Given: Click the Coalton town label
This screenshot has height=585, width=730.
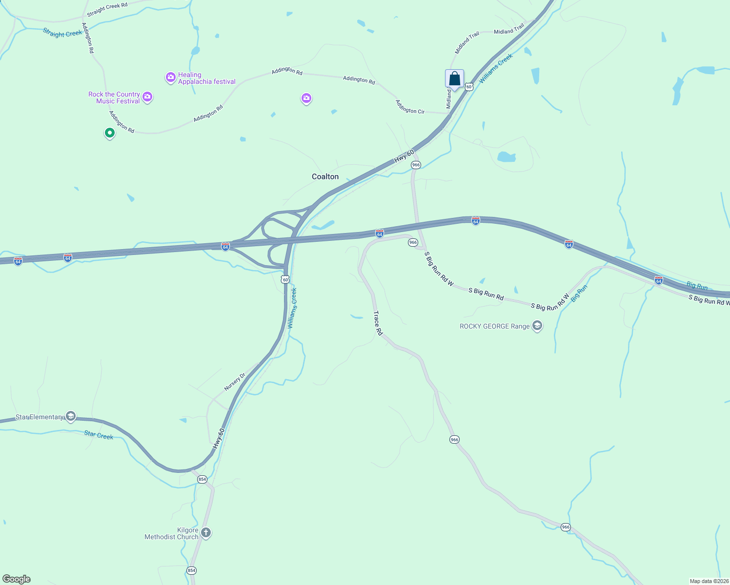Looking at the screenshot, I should (x=325, y=176).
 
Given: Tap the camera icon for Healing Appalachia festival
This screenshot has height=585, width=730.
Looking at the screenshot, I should (x=170, y=78).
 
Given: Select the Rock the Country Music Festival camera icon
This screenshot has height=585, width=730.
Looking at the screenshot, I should (x=147, y=97).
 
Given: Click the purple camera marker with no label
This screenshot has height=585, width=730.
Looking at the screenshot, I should (x=306, y=98).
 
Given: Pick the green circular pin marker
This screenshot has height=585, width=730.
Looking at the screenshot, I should (x=110, y=133).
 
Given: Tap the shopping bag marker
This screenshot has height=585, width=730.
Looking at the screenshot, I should (x=454, y=79).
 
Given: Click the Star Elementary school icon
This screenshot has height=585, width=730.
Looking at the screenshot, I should (x=71, y=416).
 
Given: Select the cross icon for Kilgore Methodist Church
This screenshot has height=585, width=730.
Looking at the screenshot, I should (x=206, y=532).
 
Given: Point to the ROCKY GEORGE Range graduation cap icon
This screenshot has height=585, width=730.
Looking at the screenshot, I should (x=537, y=326).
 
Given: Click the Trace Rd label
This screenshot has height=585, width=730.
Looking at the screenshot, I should (x=378, y=323).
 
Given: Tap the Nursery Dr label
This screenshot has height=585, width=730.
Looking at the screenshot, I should (x=235, y=382).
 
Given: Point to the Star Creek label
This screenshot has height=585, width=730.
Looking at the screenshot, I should (x=99, y=435).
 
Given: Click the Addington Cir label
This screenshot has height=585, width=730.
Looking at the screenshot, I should (x=410, y=107).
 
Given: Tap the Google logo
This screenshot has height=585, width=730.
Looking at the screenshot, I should (x=17, y=579).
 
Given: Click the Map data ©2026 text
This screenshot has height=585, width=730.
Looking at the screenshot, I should (x=708, y=581).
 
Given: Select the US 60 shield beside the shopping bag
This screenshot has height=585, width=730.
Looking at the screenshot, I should (x=469, y=87).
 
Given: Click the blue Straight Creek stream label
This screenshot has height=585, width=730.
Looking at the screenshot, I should (x=62, y=33).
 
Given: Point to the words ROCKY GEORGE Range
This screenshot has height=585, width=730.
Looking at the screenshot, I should (x=494, y=326).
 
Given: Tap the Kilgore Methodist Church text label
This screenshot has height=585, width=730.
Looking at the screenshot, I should (x=171, y=533).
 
